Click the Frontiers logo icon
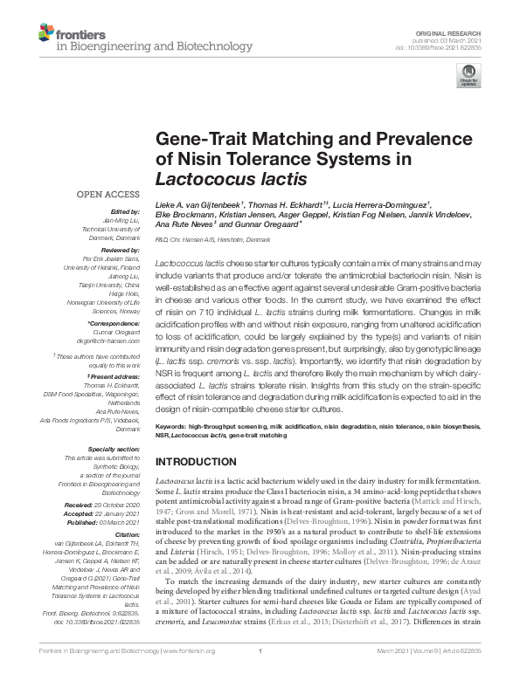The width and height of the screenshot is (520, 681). point(46,34)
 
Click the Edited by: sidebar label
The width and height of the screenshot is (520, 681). point(125,211)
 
